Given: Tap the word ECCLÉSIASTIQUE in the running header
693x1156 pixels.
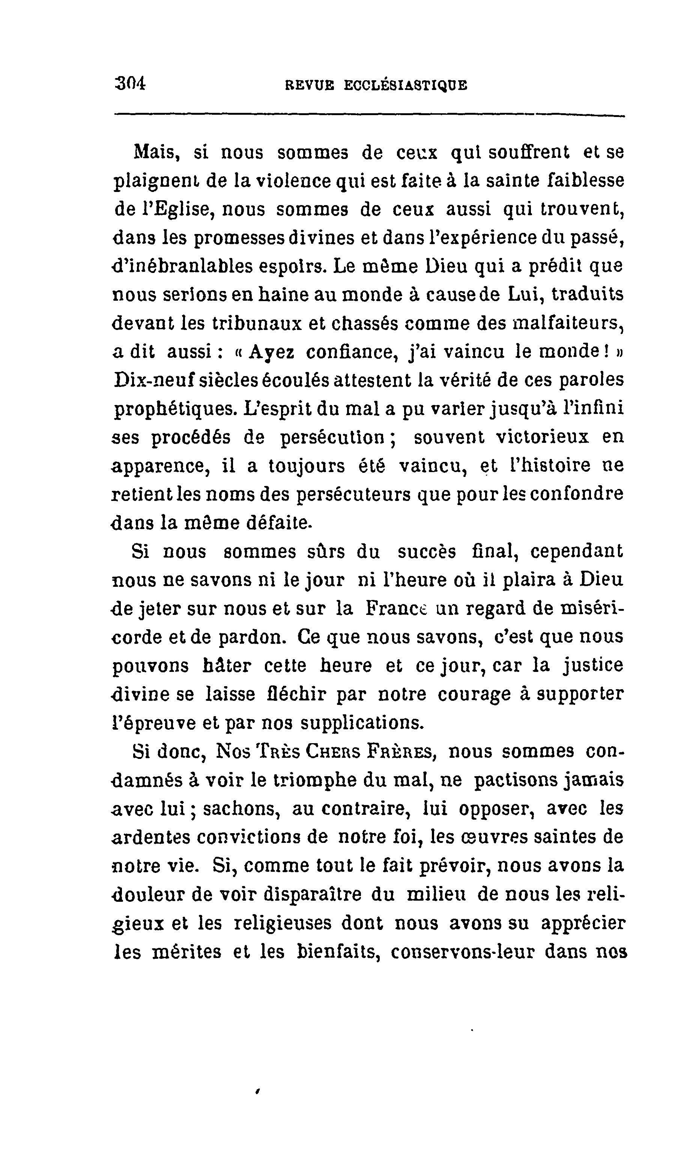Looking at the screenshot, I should point(405,86).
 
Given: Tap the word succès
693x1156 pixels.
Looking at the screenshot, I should point(426,551).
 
